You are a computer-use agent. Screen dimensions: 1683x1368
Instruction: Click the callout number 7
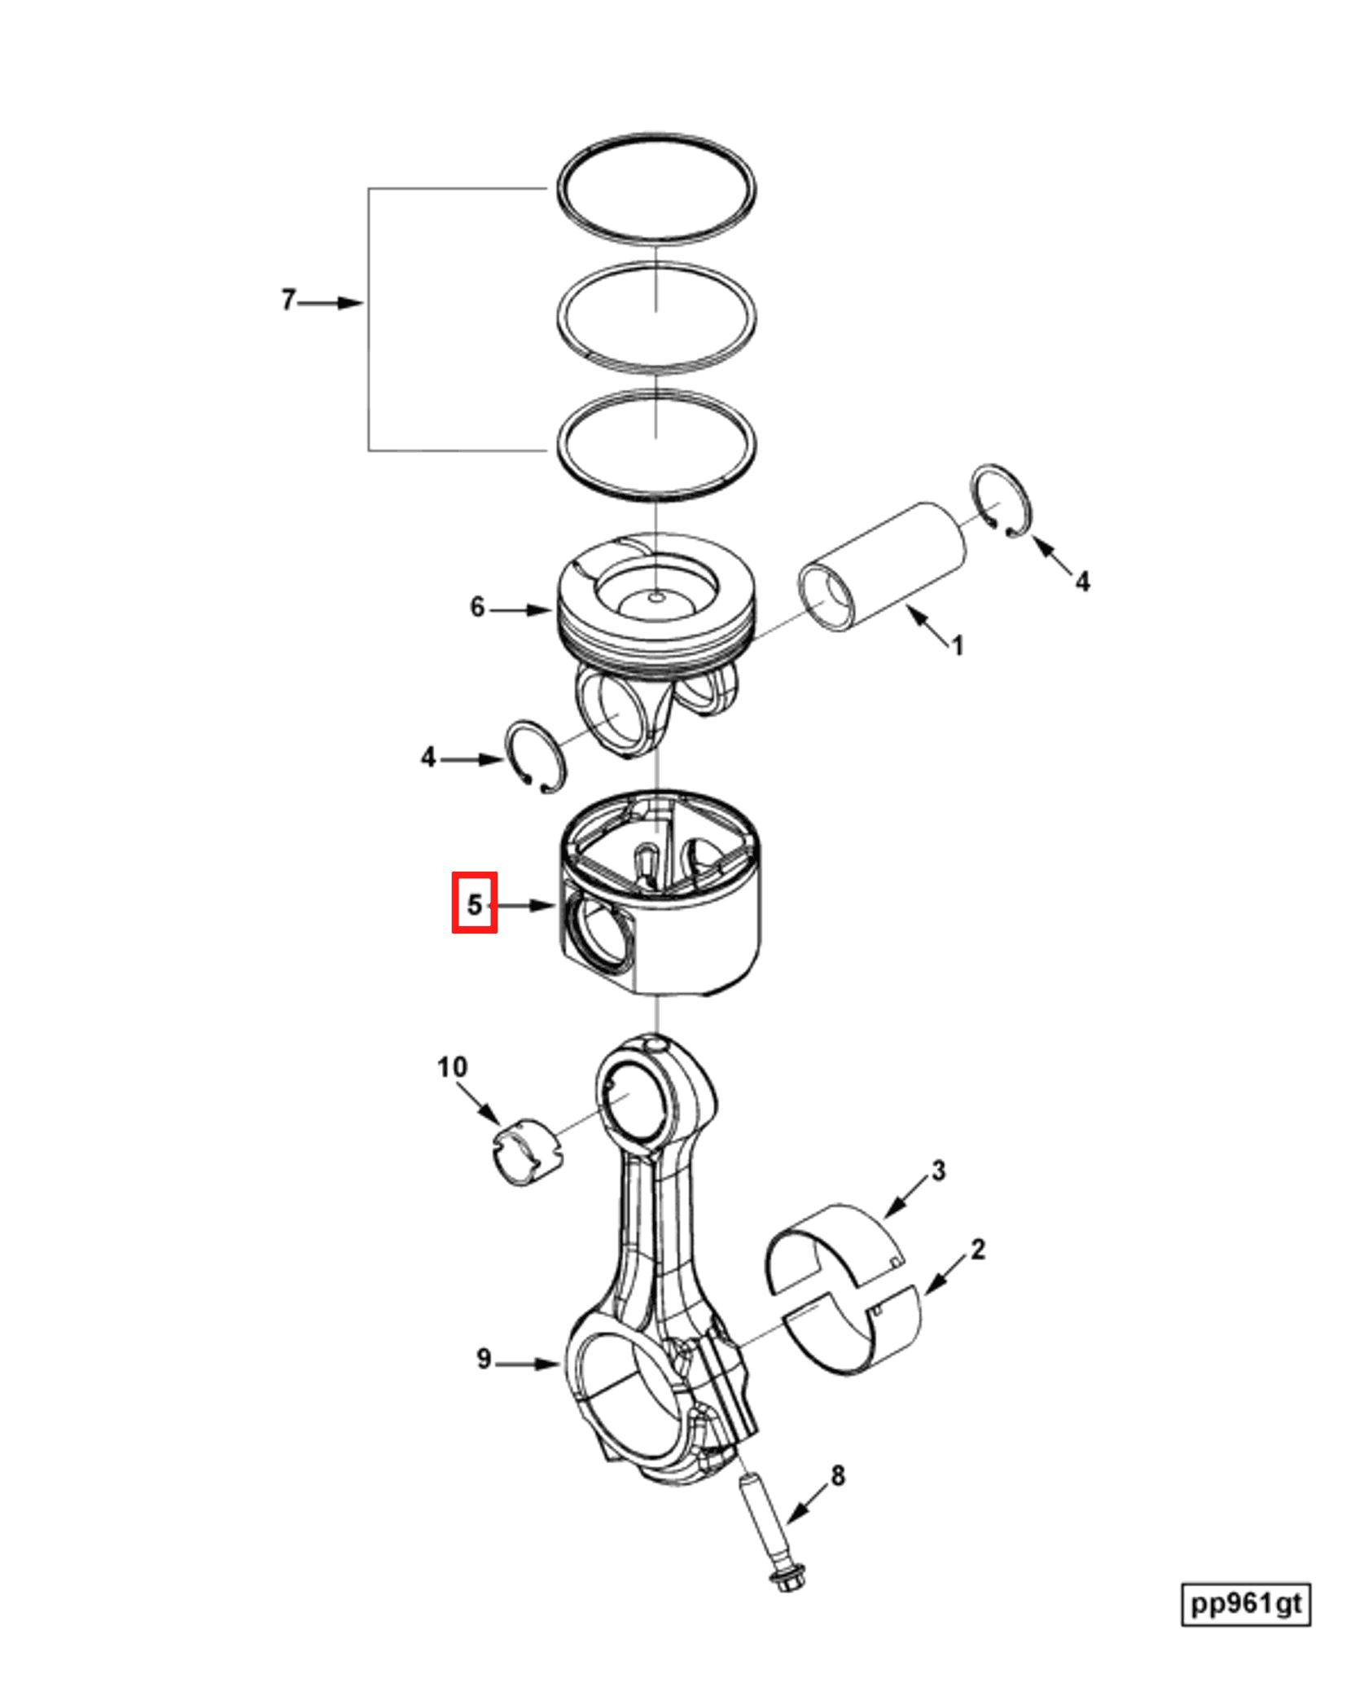click(287, 300)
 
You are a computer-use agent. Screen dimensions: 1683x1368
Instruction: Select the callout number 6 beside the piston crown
click(477, 607)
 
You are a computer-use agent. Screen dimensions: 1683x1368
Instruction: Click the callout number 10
click(452, 1066)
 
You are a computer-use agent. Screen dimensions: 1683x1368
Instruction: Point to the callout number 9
click(484, 1359)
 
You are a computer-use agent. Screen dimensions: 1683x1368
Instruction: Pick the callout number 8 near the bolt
click(838, 1475)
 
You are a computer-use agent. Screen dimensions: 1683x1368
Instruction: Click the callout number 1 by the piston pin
click(958, 646)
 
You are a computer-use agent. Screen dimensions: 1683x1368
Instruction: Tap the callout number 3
click(938, 1171)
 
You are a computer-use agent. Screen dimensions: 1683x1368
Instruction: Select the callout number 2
click(978, 1249)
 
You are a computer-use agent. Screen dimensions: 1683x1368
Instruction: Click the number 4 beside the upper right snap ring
click(1082, 582)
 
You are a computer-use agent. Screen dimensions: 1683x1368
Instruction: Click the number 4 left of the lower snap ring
click(428, 758)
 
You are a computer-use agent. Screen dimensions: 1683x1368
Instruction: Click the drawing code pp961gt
click(1245, 1604)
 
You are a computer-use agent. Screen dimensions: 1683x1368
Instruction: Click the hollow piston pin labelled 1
click(883, 565)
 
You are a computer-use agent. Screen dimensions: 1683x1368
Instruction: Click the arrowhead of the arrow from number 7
click(352, 303)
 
